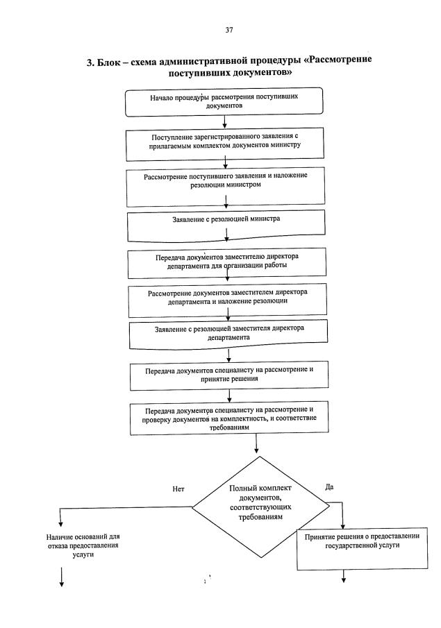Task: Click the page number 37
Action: [229, 29]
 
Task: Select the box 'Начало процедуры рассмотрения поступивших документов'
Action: [224, 102]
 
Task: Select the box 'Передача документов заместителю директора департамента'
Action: [225, 262]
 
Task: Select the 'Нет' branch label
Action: [178, 489]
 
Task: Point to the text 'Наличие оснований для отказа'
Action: [78, 546]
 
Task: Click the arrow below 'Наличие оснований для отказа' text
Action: [62, 577]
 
